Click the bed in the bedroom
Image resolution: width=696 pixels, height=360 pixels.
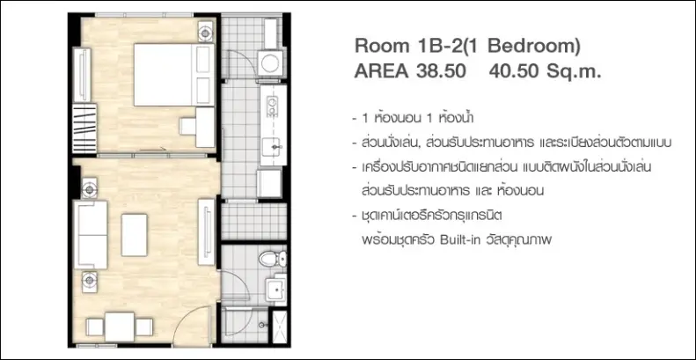(x=174, y=75)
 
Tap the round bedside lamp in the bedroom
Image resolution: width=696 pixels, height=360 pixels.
(x=206, y=33)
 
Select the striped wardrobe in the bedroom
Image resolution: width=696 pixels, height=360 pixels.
(x=84, y=128)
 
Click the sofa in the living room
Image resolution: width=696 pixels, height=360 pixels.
(x=91, y=234)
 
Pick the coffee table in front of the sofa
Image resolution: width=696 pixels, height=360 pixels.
(x=134, y=235)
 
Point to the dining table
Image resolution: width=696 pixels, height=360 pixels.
(x=120, y=327)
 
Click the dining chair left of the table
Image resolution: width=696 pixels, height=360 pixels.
(x=95, y=327)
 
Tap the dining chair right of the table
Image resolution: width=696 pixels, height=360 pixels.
(x=144, y=327)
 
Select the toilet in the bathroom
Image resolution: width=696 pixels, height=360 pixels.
(x=272, y=259)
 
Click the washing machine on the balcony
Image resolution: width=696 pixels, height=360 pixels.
(x=270, y=62)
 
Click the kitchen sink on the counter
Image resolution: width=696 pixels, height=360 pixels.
(x=272, y=147)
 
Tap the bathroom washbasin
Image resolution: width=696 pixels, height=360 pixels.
(x=276, y=290)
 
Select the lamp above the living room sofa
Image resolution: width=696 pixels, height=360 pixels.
(x=89, y=189)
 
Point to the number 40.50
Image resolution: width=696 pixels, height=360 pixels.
(x=514, y=71)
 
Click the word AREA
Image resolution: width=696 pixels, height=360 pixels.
(x=382, y=71)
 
